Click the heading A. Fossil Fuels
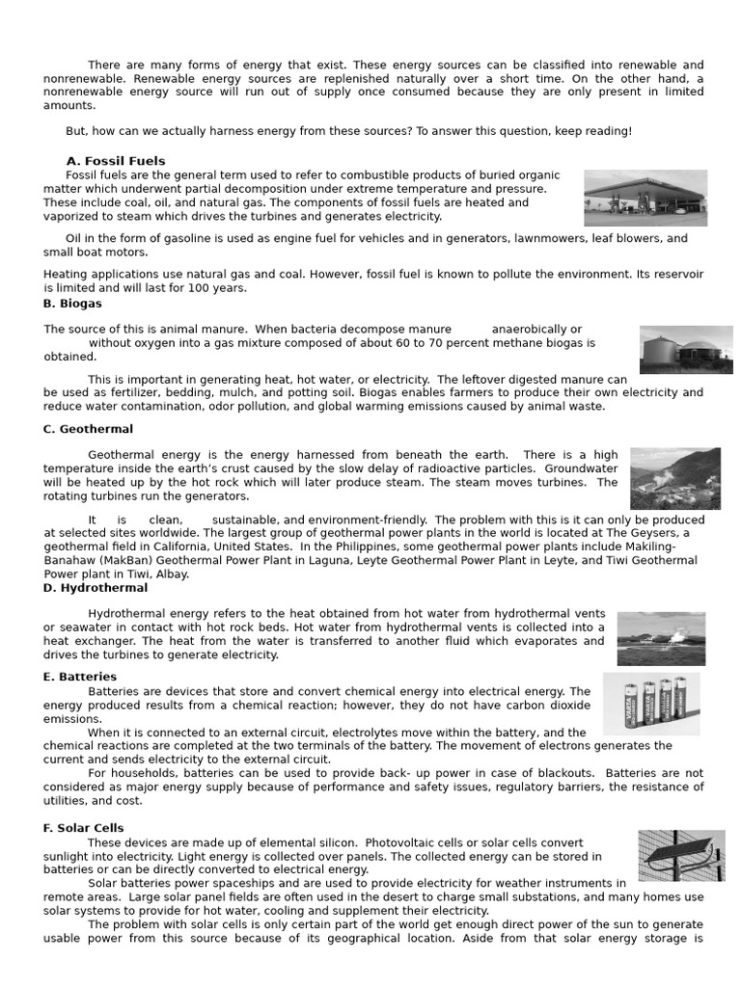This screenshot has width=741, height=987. coord(115,161)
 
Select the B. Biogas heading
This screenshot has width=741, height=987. coord(72,303)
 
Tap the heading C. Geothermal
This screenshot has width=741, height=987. coord(88,429)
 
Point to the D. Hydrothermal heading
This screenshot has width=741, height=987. coord(96,587)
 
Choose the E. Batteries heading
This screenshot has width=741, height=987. coord(80,677)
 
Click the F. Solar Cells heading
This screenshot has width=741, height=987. coord(84,828)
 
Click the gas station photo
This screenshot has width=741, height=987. coord(645,198)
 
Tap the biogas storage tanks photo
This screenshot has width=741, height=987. coord(685,349)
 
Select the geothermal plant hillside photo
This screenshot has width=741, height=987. coord(674,478)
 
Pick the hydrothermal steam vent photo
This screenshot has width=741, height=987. coord(661,638)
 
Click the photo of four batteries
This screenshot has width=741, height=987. coord(651,704)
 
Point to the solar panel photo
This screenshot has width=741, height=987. coord(681,856)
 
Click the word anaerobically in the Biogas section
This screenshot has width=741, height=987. coord(531,330)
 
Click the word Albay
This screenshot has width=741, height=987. coord(172,574)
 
